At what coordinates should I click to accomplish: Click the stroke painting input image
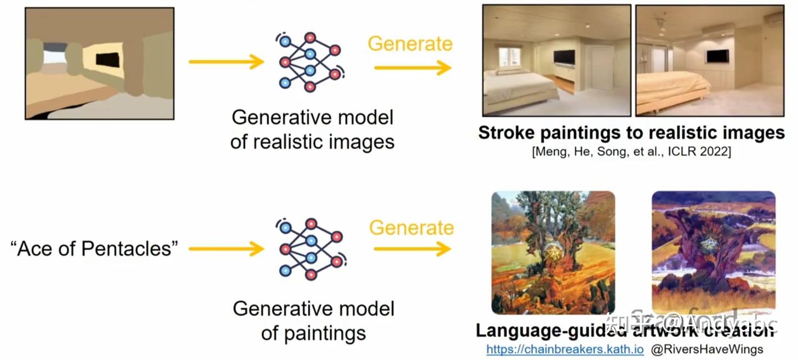point(100,63)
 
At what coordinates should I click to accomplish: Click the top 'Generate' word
point(410,44)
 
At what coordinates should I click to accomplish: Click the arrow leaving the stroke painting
point(226,61)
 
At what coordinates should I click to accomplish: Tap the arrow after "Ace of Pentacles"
point(226,249)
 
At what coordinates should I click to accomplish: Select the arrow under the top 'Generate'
point(412,68)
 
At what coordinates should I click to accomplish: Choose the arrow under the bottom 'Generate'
point(412,249)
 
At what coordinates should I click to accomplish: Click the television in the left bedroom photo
point(565,57)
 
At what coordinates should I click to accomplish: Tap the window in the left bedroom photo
point(509,56)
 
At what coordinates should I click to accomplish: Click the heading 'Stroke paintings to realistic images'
point(631,133)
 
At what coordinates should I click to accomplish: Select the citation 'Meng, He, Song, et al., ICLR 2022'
point(631,151)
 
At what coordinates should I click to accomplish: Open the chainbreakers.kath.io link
point(565,349)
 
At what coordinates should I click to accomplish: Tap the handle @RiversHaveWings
point(707,349)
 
